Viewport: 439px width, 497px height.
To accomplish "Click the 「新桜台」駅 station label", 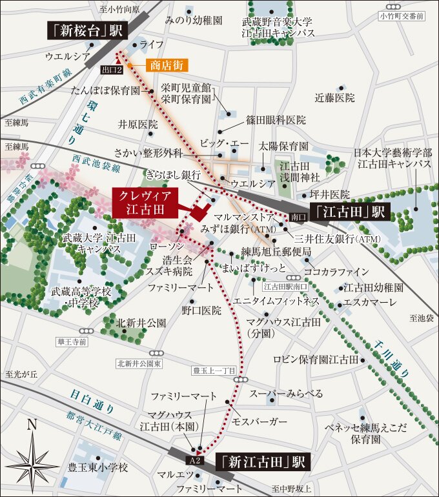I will pyautogui.click(x=87, y=30).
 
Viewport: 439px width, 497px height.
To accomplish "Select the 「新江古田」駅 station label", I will pyautogui.click(x=261, y=462).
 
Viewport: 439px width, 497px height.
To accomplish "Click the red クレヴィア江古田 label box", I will pyautogui.click(x=146, y=202).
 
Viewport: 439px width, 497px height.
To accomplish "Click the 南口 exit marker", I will pyautogui.click(x=297, y=218).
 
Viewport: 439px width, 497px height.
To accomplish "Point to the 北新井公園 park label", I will pyautogui.click(x=141, y=322).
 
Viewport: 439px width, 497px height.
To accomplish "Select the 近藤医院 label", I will pyautogui.click(x=334, y=98).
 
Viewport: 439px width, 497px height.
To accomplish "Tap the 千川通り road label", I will pyautogui.click(x=398, y=359).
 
